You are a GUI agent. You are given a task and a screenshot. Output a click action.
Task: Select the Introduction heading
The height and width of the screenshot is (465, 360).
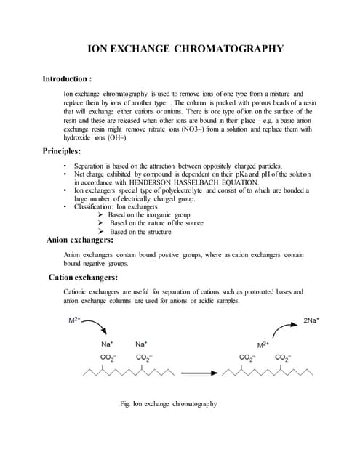point(67,78)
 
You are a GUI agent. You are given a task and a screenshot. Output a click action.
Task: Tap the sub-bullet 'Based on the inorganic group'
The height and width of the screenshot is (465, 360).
point(148,215)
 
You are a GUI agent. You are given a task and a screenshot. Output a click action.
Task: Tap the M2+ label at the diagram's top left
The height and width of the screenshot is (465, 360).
point(74,320)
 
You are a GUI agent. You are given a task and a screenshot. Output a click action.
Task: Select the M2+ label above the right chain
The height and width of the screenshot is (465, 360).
point(263,344)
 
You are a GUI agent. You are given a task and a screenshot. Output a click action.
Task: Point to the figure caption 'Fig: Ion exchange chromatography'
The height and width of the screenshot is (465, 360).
point(169,404)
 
